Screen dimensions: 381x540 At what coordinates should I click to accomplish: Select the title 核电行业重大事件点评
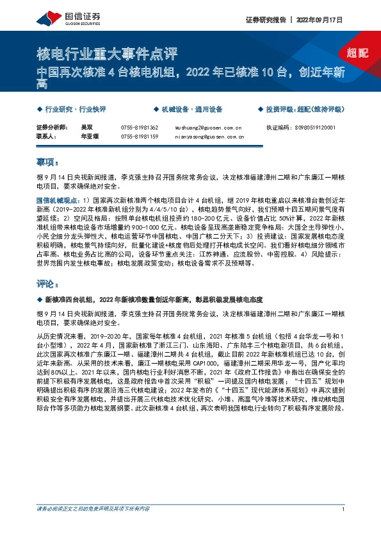click(106, 53)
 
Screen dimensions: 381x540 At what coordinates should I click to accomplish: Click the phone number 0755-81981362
click(139, 128)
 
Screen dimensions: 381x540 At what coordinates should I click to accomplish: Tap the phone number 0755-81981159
click(139, 137)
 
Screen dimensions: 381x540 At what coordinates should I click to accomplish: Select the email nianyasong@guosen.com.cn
click(209, 137)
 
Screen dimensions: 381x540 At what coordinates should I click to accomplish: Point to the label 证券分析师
click(51, 128)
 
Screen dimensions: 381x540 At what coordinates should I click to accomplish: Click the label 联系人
click(47, 137)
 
